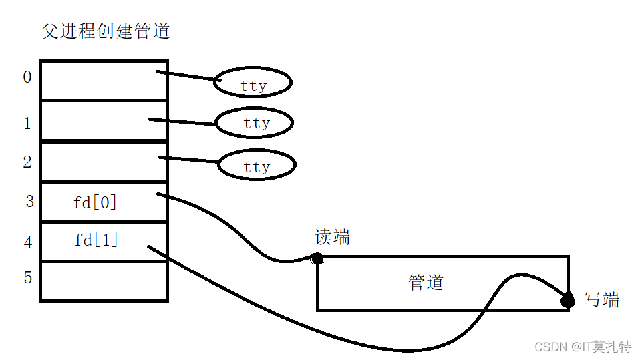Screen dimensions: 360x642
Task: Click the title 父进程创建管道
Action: [105, 31]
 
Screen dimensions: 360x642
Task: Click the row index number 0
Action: [27, 77]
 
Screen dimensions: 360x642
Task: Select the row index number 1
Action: [27, 124]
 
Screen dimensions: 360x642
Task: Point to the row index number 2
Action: [27, 162]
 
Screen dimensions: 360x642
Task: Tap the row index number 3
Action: [29, 202]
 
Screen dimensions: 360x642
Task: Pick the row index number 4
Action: [28, 243]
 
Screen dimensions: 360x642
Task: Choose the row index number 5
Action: [28, 277]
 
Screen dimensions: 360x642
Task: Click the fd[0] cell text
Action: [94, 202]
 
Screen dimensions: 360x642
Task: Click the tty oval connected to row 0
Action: [253, 83]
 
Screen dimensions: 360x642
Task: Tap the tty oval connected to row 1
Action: [255, 123]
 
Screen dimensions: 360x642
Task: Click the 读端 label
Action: [332, 238]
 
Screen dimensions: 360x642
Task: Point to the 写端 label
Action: [601, 300]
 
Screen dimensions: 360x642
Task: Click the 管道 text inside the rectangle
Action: [426, 283]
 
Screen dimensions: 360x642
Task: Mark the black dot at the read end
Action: [317, 258]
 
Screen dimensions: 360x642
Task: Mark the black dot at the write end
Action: [567, 301]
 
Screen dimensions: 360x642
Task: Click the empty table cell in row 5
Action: [103, 281]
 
